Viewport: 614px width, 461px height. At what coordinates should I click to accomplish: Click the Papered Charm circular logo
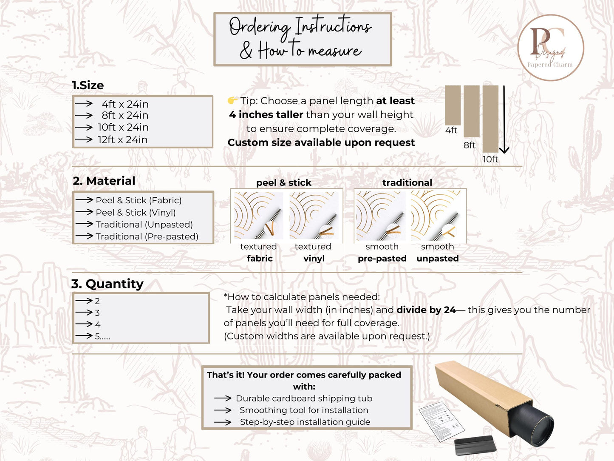pyautogui.click(x=551, y=48)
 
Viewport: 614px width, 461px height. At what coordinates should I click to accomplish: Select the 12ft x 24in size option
pyautogui.click(x=123, y=139)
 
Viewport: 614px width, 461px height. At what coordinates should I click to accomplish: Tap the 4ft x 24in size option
pyautogui.click(x=125, y=104)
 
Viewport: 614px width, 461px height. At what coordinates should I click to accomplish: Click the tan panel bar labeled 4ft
pyautogui.click(x=453, y=105)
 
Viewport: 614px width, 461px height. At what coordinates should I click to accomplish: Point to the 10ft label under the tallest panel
pyautogui.click(x=490, y=159)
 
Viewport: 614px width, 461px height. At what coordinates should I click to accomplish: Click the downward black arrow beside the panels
pyautogui.click(x=504, y=120)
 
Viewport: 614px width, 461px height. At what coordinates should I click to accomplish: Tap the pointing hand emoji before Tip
pyautogui.click(x=232, y=100)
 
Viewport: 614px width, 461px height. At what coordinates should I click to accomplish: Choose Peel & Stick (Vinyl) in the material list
pyautogui.click(x=136, y=213)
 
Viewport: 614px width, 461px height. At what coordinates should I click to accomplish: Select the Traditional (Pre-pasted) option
pyautogui.click(x=147, y=236)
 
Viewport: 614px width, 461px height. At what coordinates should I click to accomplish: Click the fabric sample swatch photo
pyautogui.click(x=258, y=216)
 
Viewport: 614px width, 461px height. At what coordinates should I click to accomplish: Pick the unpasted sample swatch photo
pyautogui.click(x=436, y=216)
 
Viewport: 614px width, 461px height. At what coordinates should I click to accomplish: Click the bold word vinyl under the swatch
pyautogui.click(x=314, y=258)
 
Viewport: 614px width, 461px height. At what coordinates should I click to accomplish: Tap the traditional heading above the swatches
pyautogui.click(x=407, y=183)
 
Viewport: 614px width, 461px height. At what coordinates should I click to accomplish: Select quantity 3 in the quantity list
pyautogui.click(x=97, y=313)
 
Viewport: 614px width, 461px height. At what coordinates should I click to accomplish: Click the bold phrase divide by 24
pyautogui.click(x=426, y=310)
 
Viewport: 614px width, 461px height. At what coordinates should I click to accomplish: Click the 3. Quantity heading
pyautogui.click(x=108, y=284)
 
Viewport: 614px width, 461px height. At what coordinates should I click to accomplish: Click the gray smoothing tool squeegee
pyautogui.click(x=475, y=444)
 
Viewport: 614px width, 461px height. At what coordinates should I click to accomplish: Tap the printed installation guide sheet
pyautogui.click(x=441, y=421)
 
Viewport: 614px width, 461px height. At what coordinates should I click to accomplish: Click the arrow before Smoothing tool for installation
pyautogui.click(x=223, y=410)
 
